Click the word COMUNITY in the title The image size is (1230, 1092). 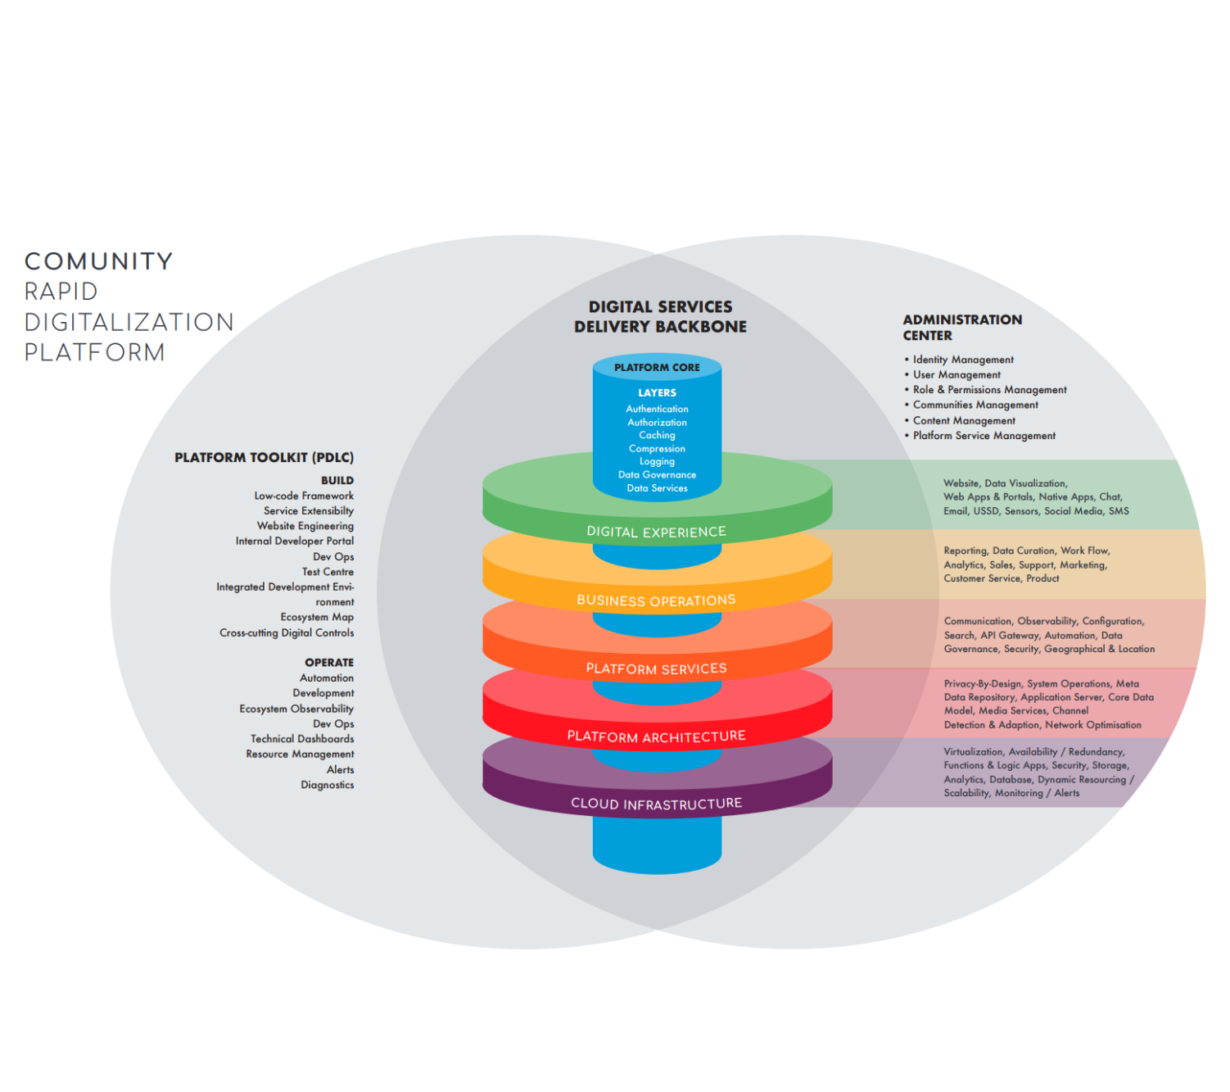98,261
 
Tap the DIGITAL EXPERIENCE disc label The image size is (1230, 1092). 656,532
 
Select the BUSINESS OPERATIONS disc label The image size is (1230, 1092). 656,600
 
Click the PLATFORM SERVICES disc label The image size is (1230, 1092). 656,668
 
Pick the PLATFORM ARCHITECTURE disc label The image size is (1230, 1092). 656,736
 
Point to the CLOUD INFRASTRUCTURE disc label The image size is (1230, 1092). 656,804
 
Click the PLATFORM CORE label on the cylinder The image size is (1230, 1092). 657,368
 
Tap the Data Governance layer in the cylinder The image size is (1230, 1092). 657,475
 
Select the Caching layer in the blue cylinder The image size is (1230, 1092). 657,435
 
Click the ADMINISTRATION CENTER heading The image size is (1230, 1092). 962,327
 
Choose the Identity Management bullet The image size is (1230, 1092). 963,360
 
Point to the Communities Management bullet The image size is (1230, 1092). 975,405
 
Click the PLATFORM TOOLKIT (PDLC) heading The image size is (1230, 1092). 264,458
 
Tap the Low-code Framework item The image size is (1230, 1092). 304,496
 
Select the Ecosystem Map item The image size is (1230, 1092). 317,617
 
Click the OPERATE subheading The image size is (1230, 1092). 329,663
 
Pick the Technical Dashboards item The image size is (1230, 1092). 302,739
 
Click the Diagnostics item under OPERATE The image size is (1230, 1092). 327,785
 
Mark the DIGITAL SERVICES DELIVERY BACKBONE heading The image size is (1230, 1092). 660,316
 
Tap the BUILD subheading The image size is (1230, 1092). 337,481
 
